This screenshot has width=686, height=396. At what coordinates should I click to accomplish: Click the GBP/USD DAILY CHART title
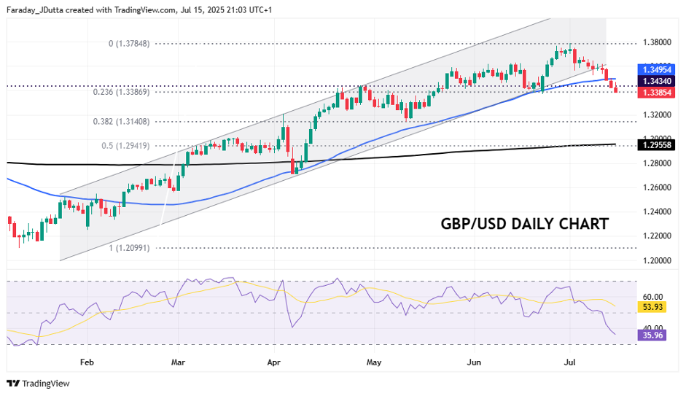(524, 224)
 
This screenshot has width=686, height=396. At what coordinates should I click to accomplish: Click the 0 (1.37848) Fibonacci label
(129, 44)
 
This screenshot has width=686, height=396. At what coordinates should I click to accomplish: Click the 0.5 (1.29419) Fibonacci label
(125, 146)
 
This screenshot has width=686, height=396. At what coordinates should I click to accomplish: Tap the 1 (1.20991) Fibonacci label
(129, 248)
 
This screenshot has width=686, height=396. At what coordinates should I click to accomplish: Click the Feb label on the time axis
(87, 361)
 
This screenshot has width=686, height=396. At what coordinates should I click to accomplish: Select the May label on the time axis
(374, 361)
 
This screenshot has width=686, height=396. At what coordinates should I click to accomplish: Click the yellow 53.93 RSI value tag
(652, 308)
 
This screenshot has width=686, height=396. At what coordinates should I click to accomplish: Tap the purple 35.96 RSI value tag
(652, 335)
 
